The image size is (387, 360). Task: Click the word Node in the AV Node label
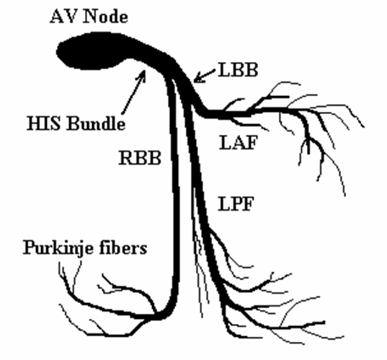(x=106, y=17)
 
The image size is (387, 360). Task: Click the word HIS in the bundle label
(x=44, y=123)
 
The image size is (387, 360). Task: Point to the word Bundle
(x=96, y=123)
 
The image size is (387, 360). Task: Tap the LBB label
(x=238, y=70)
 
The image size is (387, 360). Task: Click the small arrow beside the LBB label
(x=205, y=76)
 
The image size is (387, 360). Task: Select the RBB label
(x=141, y=158)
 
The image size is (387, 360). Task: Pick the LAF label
(x=239, y=143)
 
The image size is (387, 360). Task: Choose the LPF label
(x=236, y=204)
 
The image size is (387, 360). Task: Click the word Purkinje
(x=58, y=247)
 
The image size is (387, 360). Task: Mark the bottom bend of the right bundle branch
(x=165, y=315)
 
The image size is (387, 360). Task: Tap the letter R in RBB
(x=126, y=158)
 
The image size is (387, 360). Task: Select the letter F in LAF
(x=251, y=143)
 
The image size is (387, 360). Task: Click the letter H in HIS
(x=33, y=123)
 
